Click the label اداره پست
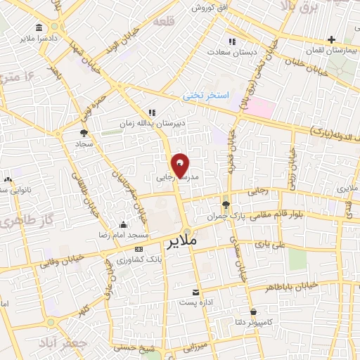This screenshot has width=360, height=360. pyautogui.click(x=195, y=303)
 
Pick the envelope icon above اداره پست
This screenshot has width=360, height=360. pyautogui.click(x=195, y=292)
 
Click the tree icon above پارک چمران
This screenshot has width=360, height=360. pyautogui.click(x=226, y=205)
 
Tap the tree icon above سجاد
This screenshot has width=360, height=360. pyautogui.click(x=84, y=131)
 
